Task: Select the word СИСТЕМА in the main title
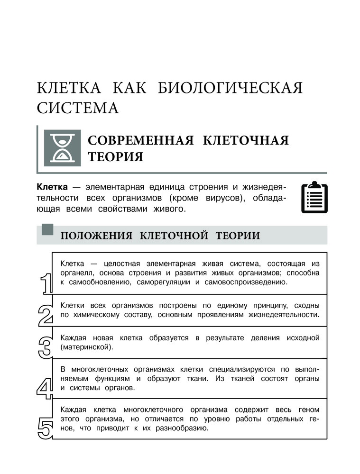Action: [x=78, y=108]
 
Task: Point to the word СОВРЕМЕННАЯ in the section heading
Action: [x=139, y=140]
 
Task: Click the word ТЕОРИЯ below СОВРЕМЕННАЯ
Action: [x=115, y=157]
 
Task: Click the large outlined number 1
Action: [x=46, y=284]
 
